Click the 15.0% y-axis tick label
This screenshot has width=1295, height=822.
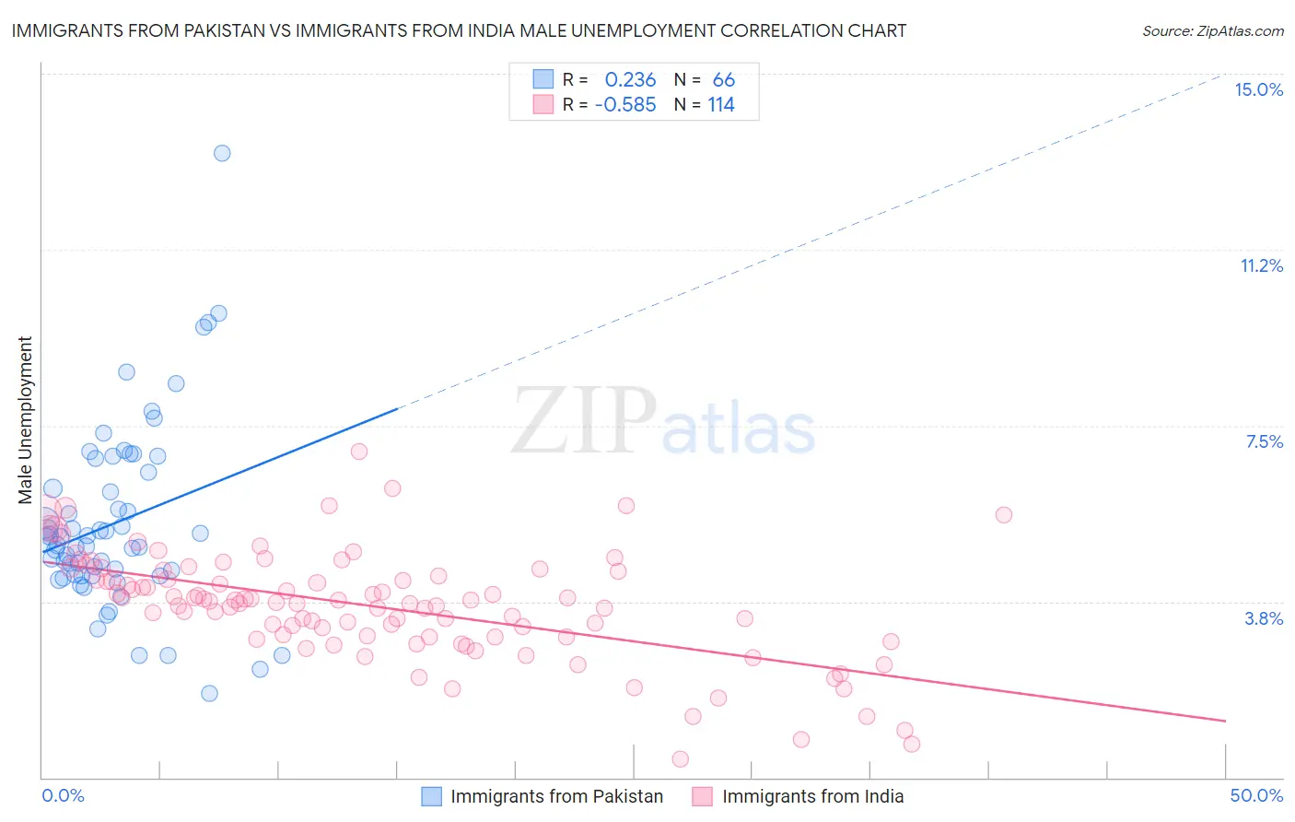point(1258,89)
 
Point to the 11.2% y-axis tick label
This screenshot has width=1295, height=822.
point(1261,265)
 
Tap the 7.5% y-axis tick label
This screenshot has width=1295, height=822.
point(1264,441)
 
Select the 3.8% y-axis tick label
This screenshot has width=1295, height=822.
point(1264,618)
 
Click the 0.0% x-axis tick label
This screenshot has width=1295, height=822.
point(63,795)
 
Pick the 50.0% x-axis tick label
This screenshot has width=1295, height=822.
point(1256,795)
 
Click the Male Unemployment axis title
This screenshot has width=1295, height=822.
point(25,420)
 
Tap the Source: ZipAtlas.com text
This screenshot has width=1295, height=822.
point(1212,30)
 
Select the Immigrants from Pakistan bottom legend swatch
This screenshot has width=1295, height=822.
point(432,796)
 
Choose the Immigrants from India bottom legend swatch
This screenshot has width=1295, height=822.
point(703,796)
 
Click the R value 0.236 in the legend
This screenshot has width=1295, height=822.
point(630,80)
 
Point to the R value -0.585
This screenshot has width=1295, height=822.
point(625,105)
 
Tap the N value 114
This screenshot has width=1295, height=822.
point(721,105)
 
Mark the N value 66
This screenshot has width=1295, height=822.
point(723,80)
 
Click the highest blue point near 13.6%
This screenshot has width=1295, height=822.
point(222,153)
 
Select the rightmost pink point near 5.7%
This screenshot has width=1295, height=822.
point(1004,514)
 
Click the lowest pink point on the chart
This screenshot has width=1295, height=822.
point(681,758)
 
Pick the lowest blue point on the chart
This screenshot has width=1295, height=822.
point(209,693)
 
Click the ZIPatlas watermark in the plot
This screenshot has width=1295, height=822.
point(663,423)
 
